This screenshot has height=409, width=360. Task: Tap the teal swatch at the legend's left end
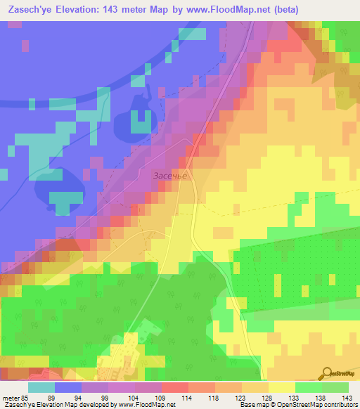pos(41,388)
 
